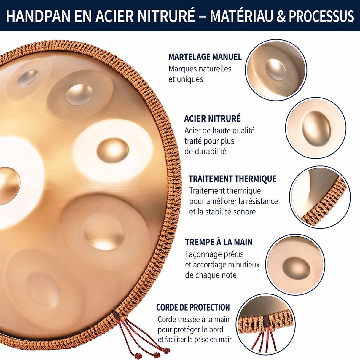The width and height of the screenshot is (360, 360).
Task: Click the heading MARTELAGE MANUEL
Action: click(205, 57)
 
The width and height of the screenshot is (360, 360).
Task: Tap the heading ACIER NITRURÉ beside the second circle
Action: click(212, 119)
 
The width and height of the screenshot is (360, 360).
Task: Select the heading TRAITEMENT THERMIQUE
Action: click(232, 179)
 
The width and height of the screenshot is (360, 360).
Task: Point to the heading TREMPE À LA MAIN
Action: click(219, 242)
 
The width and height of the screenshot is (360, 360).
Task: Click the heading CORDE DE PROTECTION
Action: click(193, 308)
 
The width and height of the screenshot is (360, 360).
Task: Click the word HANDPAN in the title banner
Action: click(38, 16)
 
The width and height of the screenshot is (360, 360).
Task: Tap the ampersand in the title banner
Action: click(280, 16)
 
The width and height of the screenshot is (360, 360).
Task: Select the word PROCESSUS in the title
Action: click(321, 16)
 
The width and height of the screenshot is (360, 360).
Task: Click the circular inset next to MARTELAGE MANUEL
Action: click(276, 70)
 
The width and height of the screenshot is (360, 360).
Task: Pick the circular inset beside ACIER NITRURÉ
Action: click(316, 128)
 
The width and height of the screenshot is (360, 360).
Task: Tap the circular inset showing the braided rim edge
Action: click(320, 197)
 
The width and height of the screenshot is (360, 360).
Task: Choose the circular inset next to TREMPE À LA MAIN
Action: click(295, 264)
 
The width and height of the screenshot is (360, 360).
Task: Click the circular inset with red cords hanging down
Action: click(266, 324)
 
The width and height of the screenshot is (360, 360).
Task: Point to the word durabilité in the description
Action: click(205, 152)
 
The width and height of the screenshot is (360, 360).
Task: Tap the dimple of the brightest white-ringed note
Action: click(113, 150)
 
